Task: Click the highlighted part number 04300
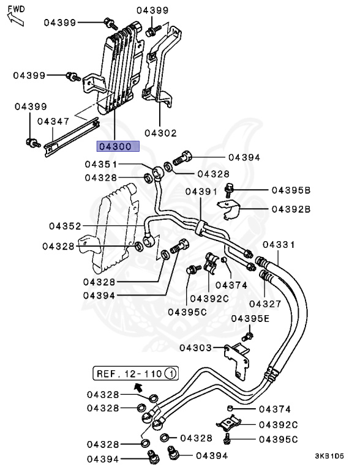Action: point(118,146)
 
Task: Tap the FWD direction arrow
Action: point(15,18)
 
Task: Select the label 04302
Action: point(161,133)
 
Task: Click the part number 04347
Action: point(53,121)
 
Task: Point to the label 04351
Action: point(101,164)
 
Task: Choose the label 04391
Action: point(201,191)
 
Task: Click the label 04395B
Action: point(291,190)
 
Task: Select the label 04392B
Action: point(291,209)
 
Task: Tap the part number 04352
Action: point(65,226)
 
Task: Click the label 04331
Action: point(279,245)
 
